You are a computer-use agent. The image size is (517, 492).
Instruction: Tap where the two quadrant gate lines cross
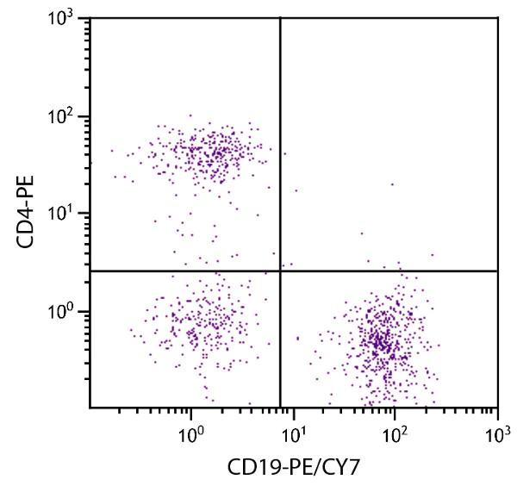[281, 271]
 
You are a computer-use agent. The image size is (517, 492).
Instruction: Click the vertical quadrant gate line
[281, 129]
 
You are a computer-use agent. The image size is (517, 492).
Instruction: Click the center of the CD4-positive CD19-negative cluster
[207, 151]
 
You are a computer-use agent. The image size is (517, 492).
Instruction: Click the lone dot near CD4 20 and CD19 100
[392, 184]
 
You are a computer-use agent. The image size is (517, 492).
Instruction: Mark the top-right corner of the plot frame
[498, 17]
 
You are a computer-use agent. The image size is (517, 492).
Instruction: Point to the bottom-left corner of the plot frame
[89, 408]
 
